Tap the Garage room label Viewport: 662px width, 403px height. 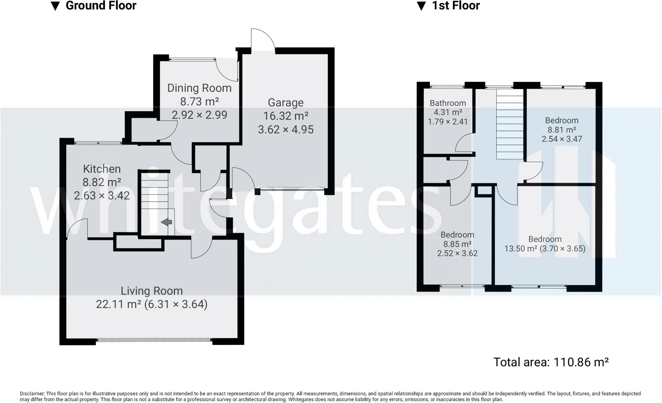coord(285,103)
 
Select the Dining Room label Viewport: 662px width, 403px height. coord(199,88)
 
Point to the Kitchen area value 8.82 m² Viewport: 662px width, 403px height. coord(102,182)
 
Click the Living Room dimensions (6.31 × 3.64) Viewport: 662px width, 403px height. coord(176,304)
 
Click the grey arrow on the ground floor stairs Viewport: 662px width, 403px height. coord(167,222)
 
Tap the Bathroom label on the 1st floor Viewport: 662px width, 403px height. coord(448,103)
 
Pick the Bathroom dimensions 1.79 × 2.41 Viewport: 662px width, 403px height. coord(448,122)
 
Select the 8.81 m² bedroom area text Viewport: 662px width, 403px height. coord(561,130)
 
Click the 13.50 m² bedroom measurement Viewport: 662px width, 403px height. coord(520,249)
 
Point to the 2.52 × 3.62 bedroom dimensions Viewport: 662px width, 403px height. coord(457,253)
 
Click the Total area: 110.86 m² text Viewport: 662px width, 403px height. coord(551,362)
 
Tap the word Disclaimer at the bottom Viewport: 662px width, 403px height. coord(32,394)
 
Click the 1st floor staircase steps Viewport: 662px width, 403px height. coord(510,124)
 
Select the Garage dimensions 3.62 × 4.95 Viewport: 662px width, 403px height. coord(285,129)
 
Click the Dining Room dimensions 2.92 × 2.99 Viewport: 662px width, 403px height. coord(199,115)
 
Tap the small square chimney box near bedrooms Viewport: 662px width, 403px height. coord(484,191)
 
